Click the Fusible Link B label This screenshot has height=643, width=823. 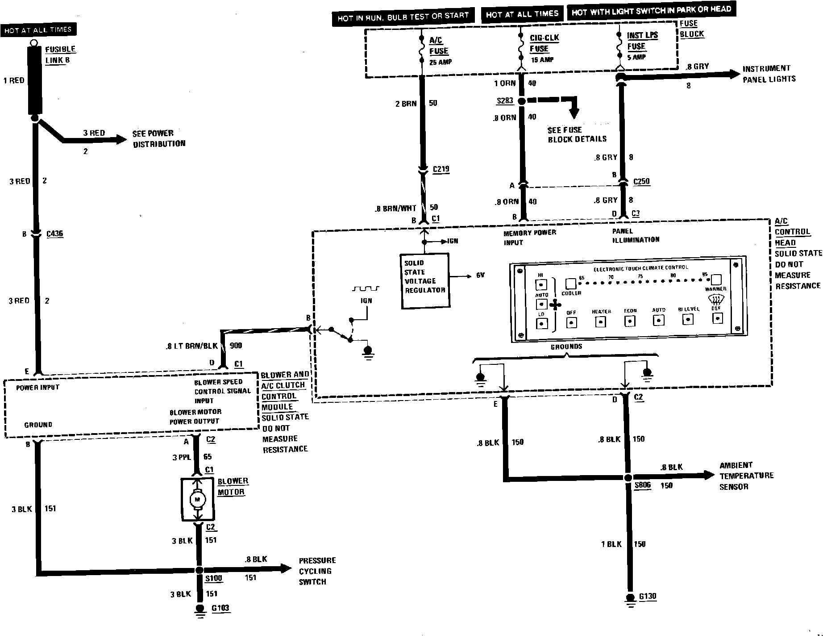click(60, 54)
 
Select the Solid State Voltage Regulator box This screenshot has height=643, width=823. click(424, 281)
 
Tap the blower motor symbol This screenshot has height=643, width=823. click(197, 499)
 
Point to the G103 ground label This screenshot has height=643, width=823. click(220, 608)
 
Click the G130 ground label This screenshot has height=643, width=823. click(648, 597)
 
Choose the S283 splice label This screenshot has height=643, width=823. click(505, 101)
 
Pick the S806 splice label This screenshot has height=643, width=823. click(643, 485)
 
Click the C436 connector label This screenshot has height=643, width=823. click(55, 234)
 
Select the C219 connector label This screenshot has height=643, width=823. click(441, 169)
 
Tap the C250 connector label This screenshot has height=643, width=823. click(641, 182)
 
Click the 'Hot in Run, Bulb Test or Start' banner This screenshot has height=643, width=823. click(403, 17)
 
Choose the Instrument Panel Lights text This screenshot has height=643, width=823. click(769, 74)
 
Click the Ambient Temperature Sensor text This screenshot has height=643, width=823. click(746, 476)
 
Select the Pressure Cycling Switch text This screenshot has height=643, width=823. click(317, 571)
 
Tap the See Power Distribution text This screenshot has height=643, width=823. click(159, 138)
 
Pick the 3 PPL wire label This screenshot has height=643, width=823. click(182, 457)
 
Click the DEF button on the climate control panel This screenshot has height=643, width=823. click(717, 318)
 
